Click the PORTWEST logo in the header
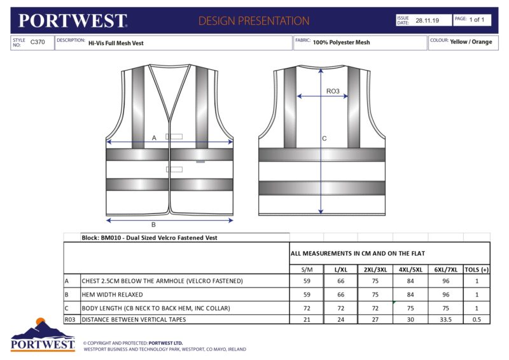73,20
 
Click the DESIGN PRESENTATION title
254,21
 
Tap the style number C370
38,42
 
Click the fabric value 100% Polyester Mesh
341,43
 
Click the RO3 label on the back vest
332,92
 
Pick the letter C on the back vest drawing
324,138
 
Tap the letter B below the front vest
153,225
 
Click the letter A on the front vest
154,137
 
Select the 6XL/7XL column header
445,270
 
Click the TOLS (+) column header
477,270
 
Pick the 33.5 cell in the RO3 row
445,319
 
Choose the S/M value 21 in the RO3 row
307,319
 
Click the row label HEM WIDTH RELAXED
112,295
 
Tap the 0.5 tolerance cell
477,319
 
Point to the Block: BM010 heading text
150,237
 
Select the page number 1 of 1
477,20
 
